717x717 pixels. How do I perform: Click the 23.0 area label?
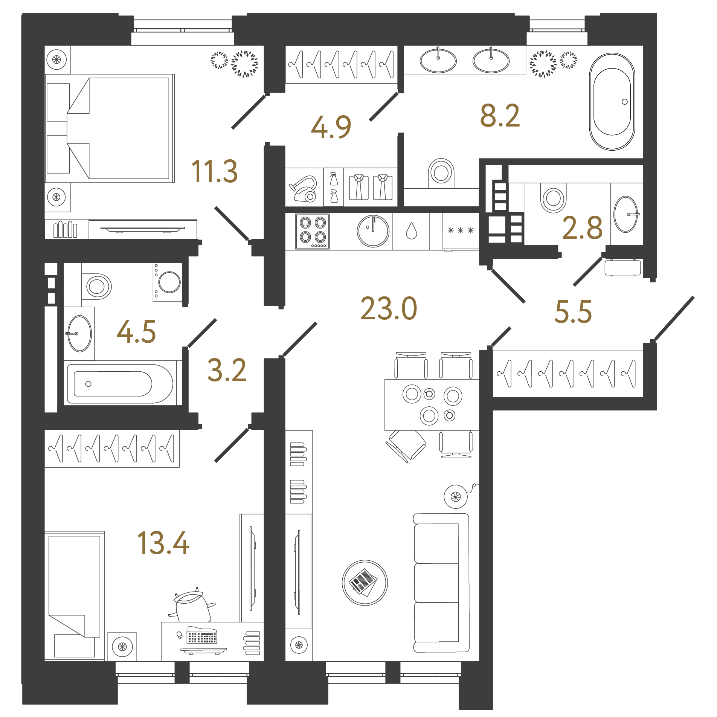click(x=389, y=308)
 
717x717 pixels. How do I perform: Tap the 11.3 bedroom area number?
click(x=215, y=171)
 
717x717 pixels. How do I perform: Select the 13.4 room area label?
click(x=163, y=543)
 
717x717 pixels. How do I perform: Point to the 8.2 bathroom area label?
click(x=500, y=116)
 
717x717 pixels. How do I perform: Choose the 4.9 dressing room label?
click(x=331, y=127)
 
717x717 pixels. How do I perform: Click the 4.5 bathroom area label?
click(x=136, y=332)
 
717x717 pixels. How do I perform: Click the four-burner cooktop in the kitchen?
click(x=313, y=231)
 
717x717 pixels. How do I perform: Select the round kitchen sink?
click(x=373, y=231)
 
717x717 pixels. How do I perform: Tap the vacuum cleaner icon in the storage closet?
click(x=304, y=189)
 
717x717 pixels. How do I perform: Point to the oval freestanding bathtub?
click(x=612, y=102)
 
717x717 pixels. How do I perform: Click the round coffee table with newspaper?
click(x=365, y=583)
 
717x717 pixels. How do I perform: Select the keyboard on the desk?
click(x=202, y=636)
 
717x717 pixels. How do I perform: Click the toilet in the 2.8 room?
click(x=553, y=198)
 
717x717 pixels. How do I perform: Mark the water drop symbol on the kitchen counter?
click(x=412, y=230)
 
